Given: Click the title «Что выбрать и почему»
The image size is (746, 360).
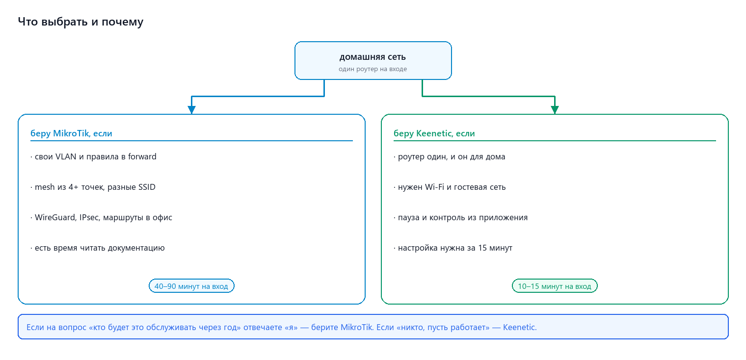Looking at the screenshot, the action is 80,22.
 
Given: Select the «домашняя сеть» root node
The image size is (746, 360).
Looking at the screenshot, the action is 373,60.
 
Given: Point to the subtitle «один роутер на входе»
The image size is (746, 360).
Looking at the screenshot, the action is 373,69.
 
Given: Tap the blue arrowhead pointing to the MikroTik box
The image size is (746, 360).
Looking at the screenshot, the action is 191,110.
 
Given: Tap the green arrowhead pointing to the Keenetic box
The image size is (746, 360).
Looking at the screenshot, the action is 555,110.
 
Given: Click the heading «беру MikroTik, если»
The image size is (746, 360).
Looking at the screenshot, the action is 71,133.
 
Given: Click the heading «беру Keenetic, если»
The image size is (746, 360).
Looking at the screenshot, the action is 434,133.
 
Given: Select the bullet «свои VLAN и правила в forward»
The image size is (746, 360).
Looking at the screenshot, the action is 93,157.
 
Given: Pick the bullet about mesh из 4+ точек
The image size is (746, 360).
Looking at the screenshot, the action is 93,187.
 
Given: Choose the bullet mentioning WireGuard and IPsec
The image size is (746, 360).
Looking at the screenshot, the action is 101,218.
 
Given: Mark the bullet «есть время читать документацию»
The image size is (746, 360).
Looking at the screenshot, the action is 98,248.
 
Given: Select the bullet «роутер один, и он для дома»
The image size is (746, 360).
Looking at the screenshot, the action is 449,157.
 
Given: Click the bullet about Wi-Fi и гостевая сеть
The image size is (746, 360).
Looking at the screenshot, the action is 450,187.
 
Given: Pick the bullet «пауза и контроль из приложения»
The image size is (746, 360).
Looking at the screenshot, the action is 460,218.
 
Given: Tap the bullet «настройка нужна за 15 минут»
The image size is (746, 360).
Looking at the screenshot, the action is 453,248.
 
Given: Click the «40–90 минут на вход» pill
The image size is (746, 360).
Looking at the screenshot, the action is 191,286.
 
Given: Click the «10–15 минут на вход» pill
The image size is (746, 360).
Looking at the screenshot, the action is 555,286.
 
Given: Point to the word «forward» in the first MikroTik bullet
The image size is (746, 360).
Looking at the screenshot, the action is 142,157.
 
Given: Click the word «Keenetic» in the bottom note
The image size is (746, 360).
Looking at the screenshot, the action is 519,328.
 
